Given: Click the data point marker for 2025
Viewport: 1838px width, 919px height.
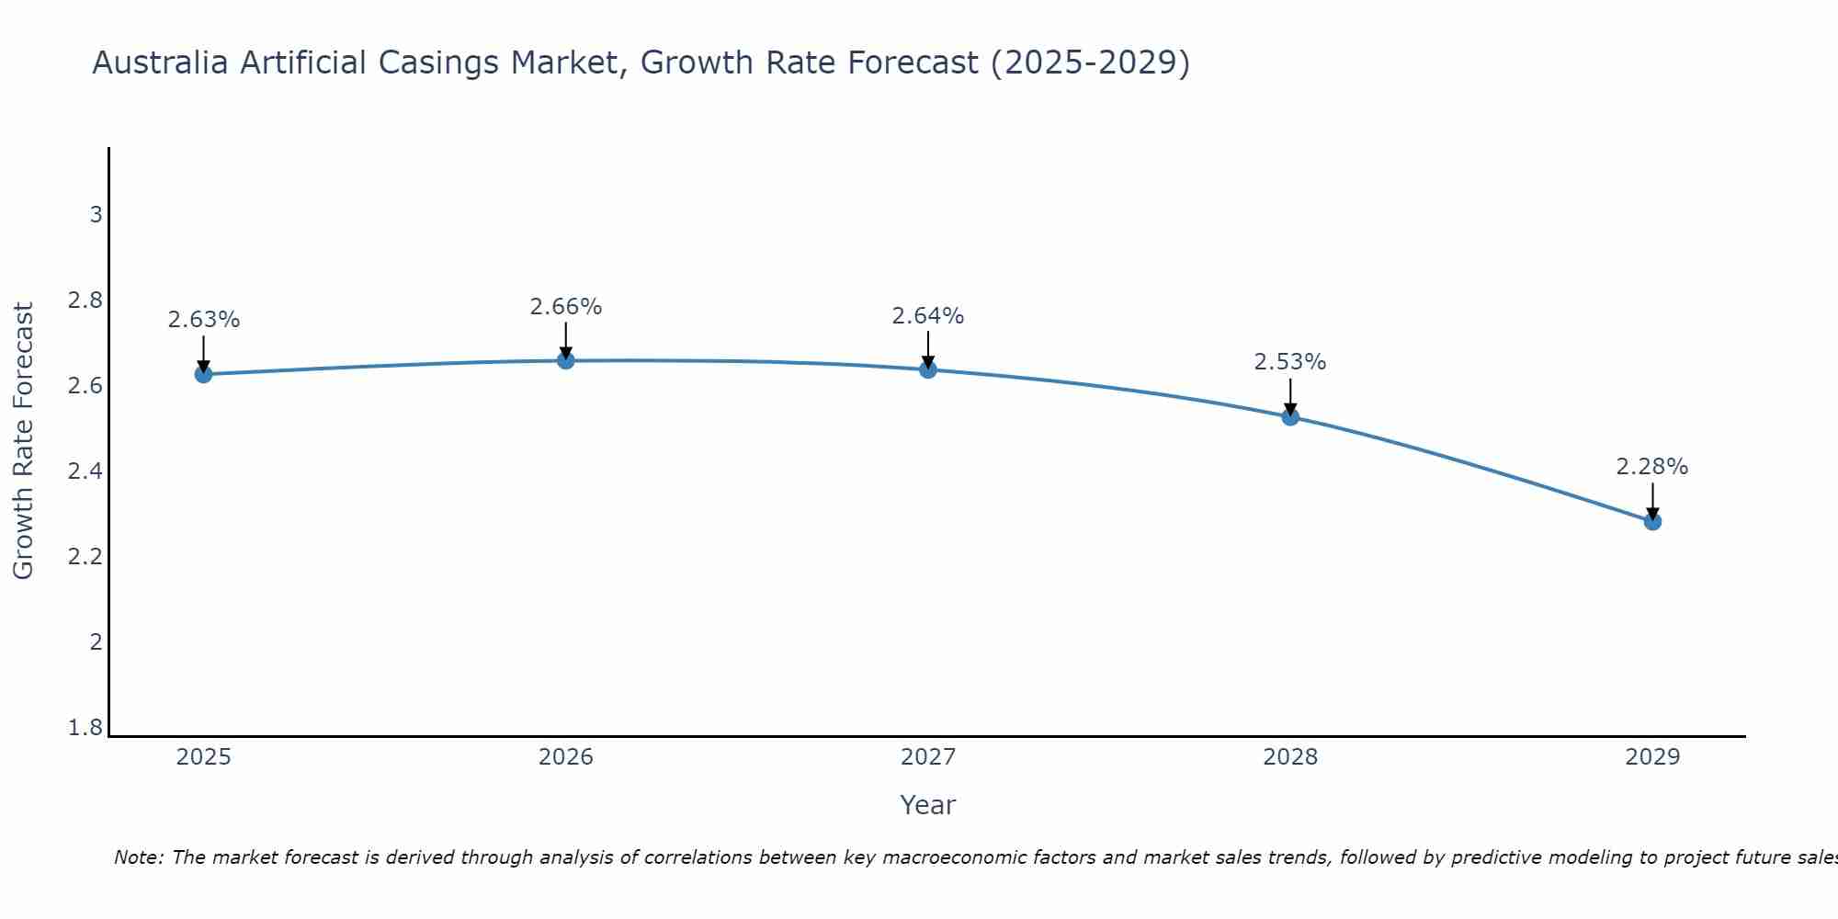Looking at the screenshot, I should (203, 374).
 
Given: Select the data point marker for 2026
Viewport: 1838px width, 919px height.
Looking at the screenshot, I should (566, 360).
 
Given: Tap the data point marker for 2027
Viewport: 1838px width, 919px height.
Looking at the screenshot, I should (928, 369).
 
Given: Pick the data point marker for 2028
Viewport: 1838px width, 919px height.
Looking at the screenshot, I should (1290, 416).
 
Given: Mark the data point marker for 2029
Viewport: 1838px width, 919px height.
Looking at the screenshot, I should (1652, 521).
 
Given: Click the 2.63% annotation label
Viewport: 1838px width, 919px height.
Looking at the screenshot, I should (203, 320).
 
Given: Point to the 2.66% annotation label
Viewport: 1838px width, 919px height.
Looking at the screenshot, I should (566, 307).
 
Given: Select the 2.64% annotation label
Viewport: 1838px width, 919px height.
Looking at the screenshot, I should (928, 316).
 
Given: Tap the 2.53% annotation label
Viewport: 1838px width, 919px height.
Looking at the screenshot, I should (1290, 362).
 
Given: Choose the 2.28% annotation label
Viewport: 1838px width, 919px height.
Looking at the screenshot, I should (1652, 467).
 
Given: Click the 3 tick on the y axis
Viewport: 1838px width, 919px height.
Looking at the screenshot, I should (96, 215).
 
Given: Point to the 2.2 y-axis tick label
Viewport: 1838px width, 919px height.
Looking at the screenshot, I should (85, 557).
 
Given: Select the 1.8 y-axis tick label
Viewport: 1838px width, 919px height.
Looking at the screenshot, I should (85, 728).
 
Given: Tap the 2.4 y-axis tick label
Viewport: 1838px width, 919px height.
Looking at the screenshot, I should (85, 471).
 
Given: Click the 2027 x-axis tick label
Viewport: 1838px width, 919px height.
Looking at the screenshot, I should (928, 757).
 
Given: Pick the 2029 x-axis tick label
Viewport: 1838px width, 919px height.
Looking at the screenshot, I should (1652, 757).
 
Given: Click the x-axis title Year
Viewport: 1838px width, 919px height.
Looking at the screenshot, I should (928, 805).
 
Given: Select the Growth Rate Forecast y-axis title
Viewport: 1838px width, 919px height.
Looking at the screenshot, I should (23, 441).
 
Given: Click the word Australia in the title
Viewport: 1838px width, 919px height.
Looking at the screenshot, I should (161, 62).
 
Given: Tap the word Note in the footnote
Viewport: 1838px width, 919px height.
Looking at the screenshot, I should (138, 857).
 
